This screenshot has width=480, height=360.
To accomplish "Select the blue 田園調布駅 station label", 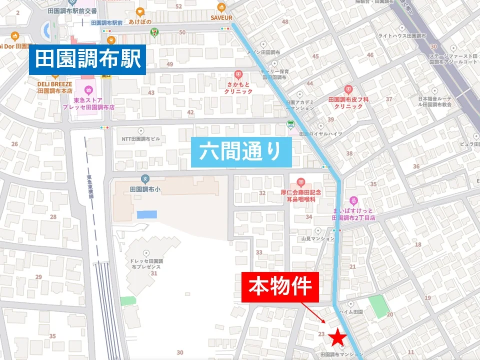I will click(x=87, y=60).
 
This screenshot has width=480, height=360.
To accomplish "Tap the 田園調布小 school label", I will click(x=144, y=190).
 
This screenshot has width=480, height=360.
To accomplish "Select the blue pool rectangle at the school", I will click(x=146, y=214).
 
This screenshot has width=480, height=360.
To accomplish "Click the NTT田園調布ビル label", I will click(x=140, y=139).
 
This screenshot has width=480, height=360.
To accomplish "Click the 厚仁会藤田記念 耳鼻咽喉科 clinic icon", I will click(x=300, y=181).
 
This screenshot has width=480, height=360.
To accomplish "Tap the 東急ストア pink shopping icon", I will click(x=88, y=90).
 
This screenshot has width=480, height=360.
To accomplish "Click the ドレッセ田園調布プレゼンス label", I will click(x=146, y=262).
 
